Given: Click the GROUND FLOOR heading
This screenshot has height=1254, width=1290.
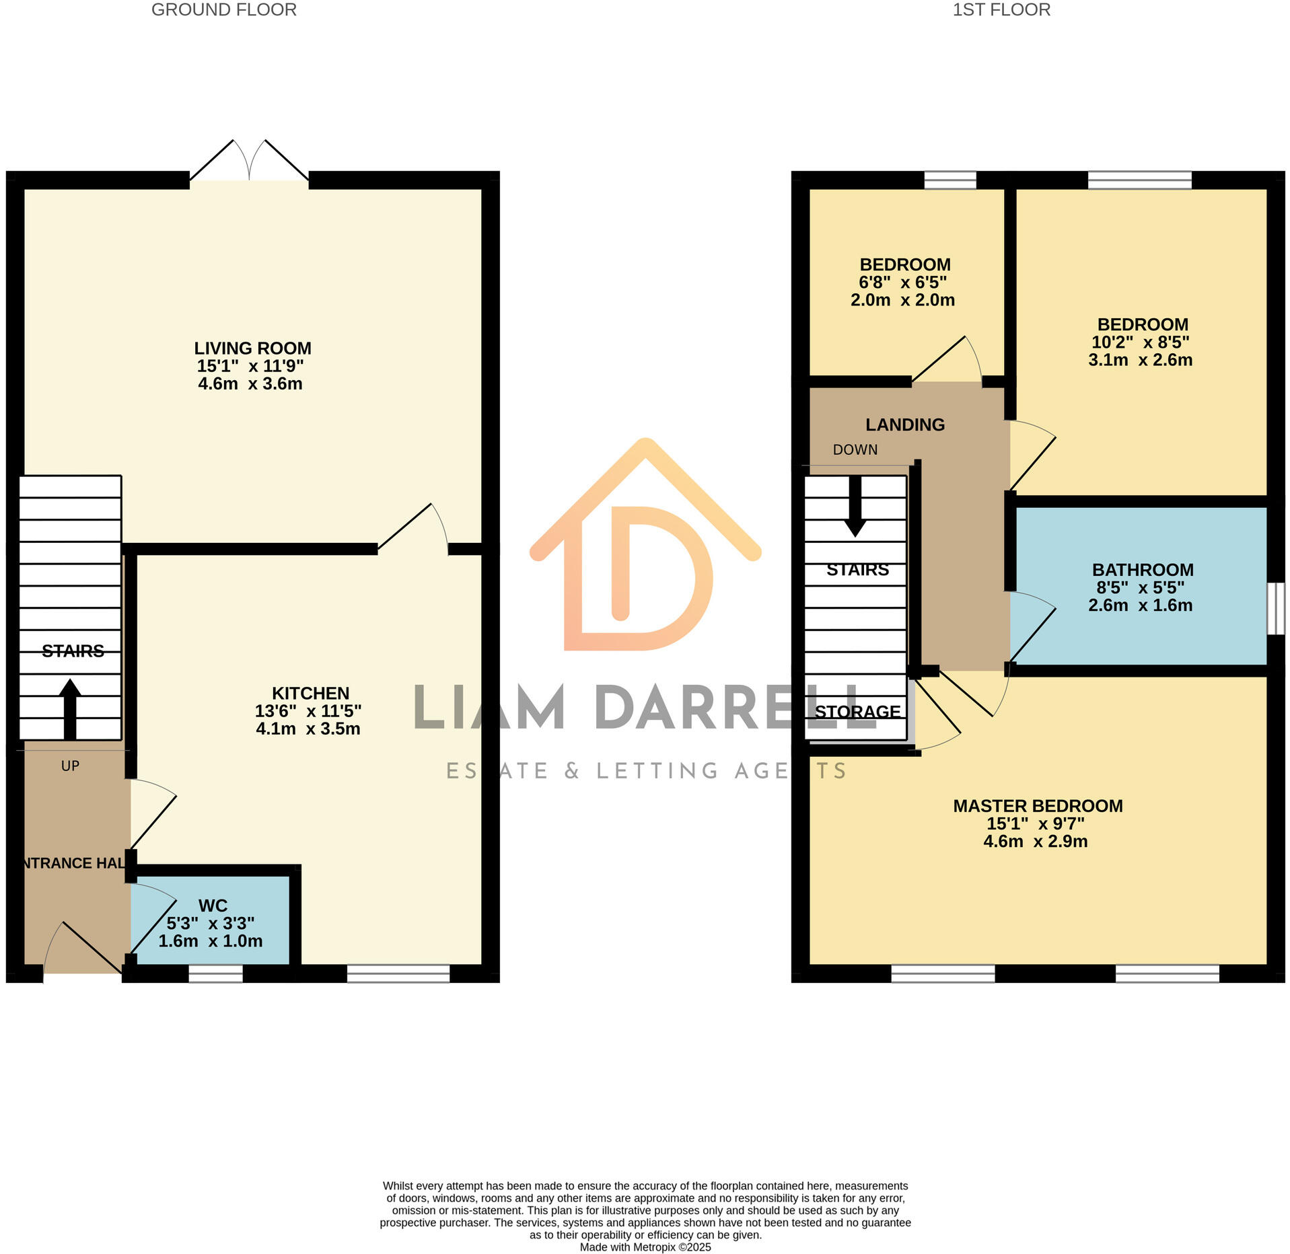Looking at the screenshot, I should coord(223,10).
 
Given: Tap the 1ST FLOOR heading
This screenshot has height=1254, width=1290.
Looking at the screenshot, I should coord(1001,10).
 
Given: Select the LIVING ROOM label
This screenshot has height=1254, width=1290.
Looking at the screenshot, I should coord(252,348).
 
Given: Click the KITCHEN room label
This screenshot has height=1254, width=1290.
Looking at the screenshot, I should coord(310,694).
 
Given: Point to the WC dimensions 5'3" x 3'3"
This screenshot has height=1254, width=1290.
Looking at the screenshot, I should coord(210,924).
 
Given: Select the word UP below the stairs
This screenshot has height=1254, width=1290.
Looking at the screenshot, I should coord(70,766).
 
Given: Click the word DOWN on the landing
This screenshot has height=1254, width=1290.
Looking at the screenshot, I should coord(855,450).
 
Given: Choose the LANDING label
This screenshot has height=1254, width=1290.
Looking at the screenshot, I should coord(904,425).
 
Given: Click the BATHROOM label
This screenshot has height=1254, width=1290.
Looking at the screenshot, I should coord(1142,570).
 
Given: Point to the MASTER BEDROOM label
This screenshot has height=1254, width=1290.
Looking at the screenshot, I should coord(1037,806).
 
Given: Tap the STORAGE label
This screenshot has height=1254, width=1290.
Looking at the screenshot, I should coord(857,712).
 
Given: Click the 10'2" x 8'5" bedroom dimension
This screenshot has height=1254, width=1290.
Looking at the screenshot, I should coord(1140,342).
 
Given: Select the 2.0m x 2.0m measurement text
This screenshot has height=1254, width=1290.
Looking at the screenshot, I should coord(902,300).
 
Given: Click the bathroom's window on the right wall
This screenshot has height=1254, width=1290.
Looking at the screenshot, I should coord(1275,609).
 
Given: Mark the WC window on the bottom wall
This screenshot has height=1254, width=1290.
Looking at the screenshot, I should coord(215,973).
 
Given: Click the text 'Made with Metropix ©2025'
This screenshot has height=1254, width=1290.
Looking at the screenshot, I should coord(645,1247).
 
